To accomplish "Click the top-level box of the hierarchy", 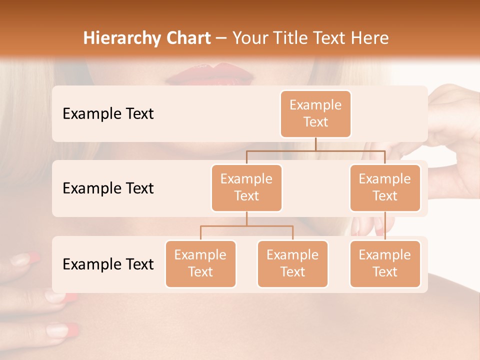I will (315, 113).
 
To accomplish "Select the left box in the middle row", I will (246, 187).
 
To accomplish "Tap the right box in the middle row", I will (385, 187).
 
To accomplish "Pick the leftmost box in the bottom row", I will (200, 263).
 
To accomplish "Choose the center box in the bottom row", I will (292, 263).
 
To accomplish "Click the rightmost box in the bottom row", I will (385, 263).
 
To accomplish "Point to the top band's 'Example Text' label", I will (108, 113).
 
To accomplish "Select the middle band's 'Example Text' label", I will (108, 188).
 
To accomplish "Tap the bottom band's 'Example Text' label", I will (108, 264).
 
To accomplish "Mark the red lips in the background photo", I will (210, 73).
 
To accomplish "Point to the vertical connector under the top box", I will (315, 144).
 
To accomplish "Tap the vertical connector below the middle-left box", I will (246, 218).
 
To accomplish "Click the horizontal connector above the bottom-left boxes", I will (246, 226).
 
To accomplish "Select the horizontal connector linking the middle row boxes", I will (315, 150).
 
